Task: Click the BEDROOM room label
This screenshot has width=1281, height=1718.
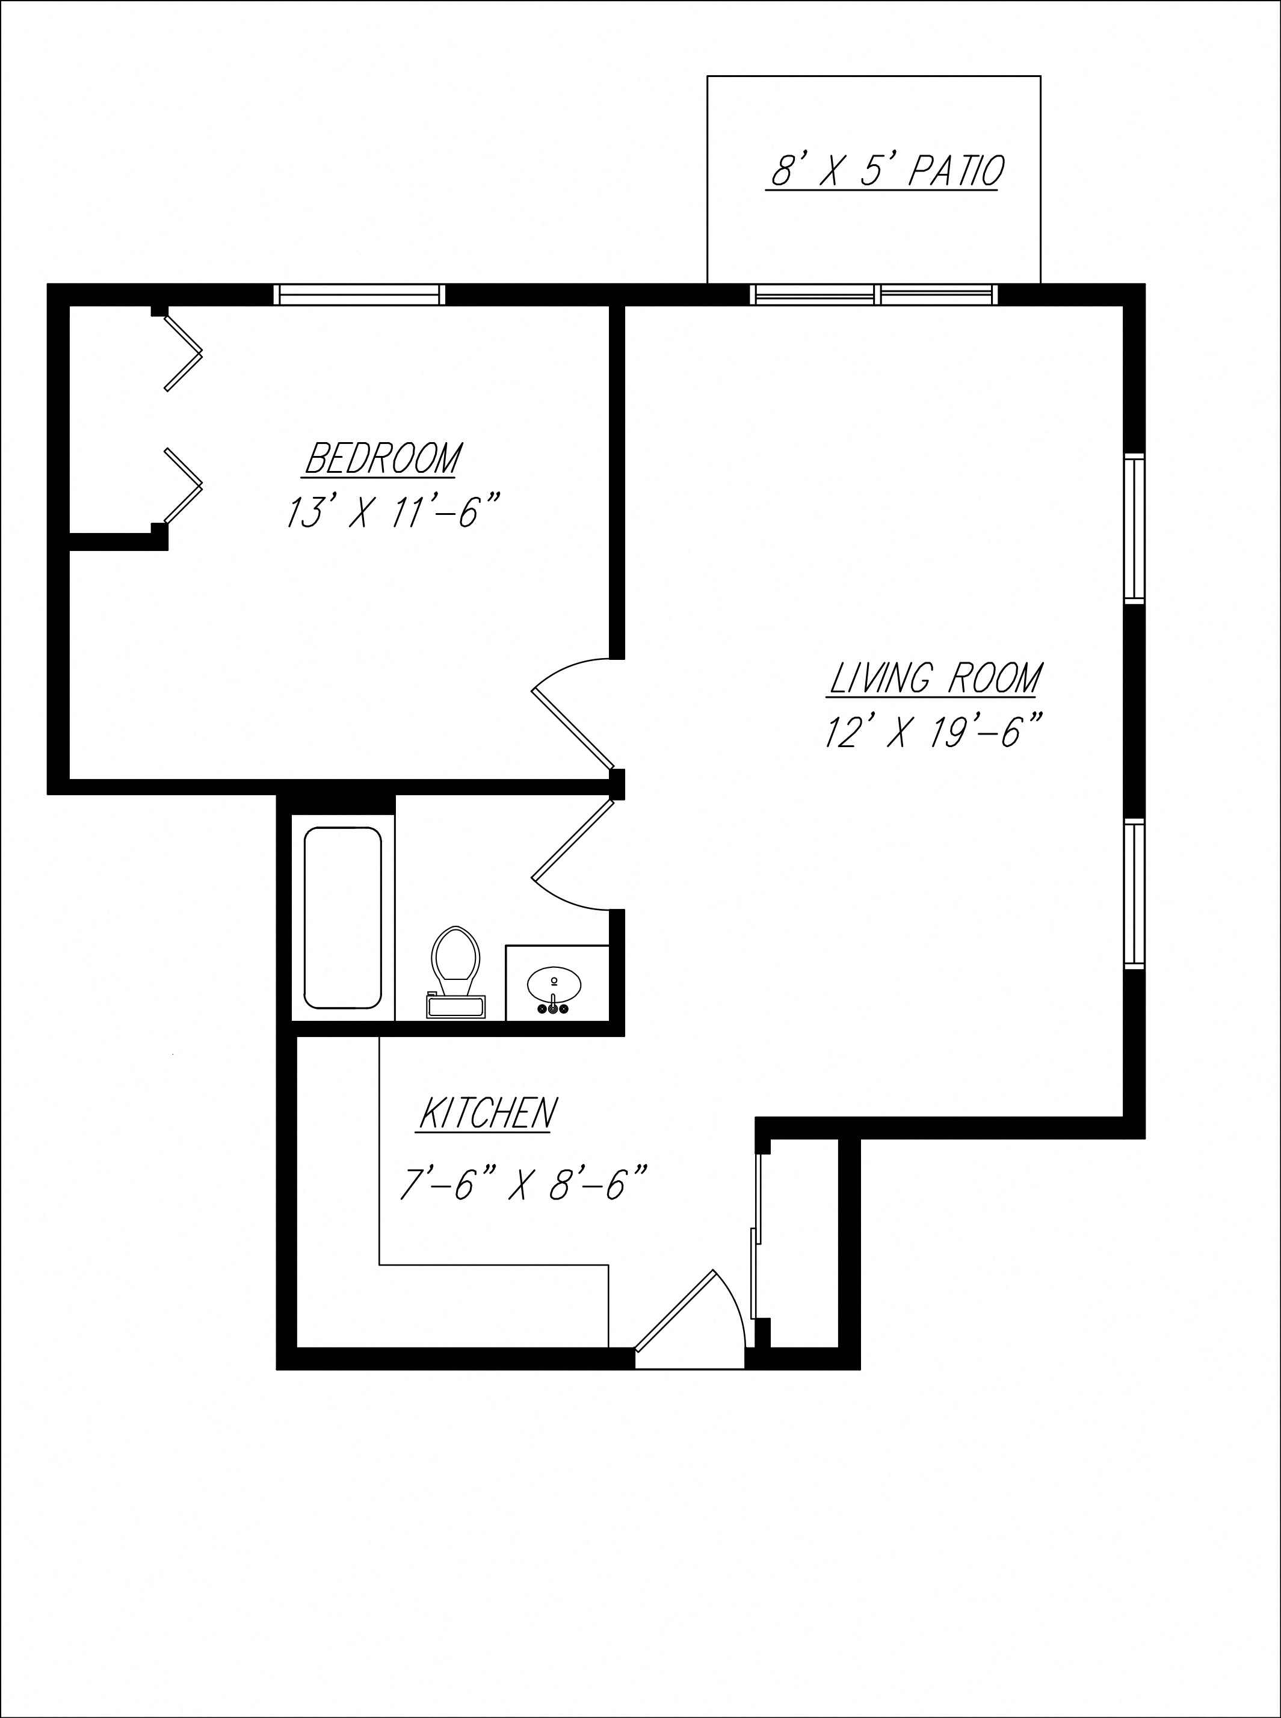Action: (x=383, y=458)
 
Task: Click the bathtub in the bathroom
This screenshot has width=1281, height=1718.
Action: (x=343, y=918)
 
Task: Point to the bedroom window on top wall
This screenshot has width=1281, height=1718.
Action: (x=360, y=295)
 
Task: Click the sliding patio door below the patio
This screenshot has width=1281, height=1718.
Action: (x=874, y=295)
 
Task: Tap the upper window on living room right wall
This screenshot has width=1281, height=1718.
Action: (x=1134, y=529)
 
